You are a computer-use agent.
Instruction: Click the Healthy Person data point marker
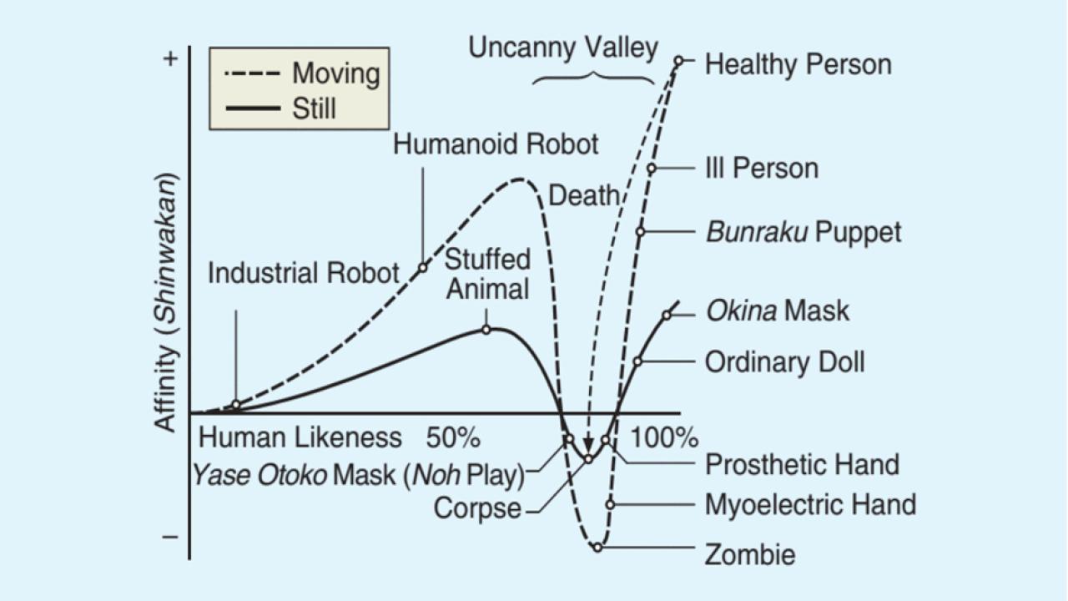[x=678, y=61]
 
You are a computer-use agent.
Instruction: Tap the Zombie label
[x=750, y=555]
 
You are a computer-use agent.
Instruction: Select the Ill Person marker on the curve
[x=652, y=169]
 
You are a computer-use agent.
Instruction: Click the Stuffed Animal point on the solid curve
[x=486, y=330]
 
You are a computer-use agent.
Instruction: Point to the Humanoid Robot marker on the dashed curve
[x=423, y=268]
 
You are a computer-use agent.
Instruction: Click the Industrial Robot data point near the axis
[x=236, y=406]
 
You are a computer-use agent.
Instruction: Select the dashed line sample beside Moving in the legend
[x=252, y=74]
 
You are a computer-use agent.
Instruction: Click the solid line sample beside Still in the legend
[x=253, y=109]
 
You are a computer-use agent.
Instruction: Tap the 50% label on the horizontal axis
[x=453, y=437]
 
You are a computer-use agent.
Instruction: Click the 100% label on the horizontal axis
[x=664, y=437]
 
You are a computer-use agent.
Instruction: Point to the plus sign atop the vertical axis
[x=170, y=59]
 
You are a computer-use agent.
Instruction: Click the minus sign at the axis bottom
[x=170, y=537]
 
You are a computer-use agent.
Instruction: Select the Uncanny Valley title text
[x=563, y=48]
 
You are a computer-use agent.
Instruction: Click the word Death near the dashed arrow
[x=584, y=195]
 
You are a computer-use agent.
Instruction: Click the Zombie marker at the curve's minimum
[x=598, y=547]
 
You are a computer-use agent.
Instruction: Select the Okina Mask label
[x=778, y=311]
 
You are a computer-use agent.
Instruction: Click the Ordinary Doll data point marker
[x=637, y=361]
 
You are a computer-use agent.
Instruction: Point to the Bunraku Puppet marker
[x=640, y=232]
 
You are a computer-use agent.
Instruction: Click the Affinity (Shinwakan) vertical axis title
[x=166, y=303]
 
